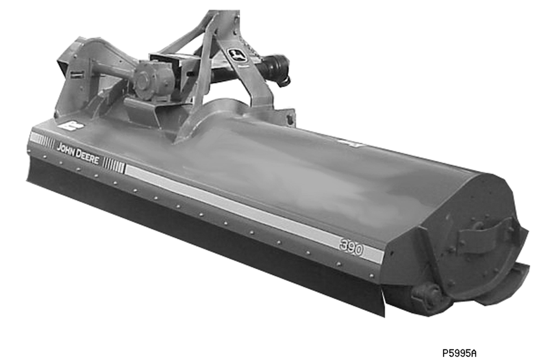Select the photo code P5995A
(x=458, y=353)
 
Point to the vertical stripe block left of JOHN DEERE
(x=42, y=140)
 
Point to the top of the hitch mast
(x=221, y=16)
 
